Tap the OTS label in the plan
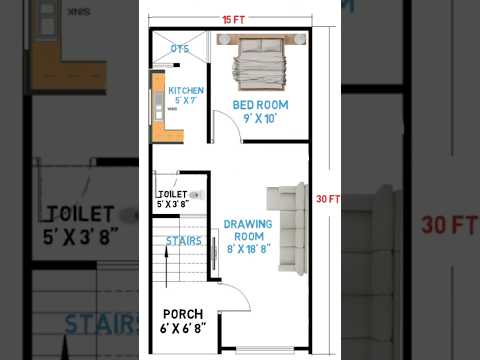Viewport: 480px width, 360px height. coord(180,48)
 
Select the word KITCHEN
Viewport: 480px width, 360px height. coord(185,90)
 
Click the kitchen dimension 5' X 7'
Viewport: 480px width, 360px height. coord(185,100)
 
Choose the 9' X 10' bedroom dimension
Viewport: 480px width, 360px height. coord(260,118)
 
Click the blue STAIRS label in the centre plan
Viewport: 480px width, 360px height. coord(184,241)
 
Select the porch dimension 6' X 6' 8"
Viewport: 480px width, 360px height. coord(184,327)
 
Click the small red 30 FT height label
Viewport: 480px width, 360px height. coord(328,199)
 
